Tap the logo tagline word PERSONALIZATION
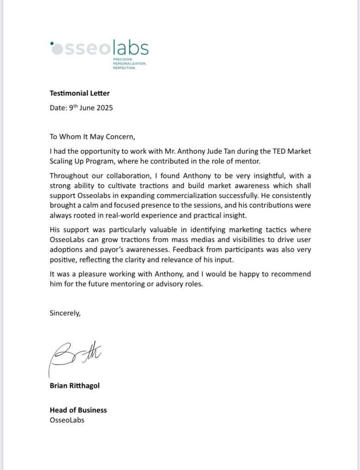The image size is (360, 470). point(129,64)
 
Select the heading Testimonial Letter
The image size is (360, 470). point(80,94)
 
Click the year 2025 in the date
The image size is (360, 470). point(104,108)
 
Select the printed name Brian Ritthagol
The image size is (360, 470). point(74,386)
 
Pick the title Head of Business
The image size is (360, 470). point(78,410)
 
